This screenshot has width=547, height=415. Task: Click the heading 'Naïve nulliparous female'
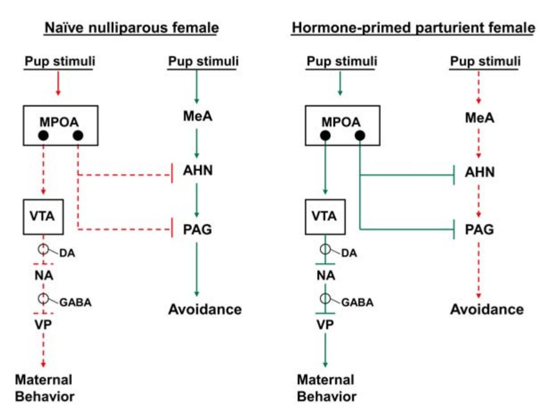pos(131,28)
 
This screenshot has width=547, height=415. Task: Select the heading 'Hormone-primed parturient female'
pos(413,28)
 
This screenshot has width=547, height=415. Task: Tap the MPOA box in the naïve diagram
pos(60,125)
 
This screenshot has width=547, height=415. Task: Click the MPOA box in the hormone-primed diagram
pos(342,125)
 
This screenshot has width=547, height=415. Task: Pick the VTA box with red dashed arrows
pos(43,217)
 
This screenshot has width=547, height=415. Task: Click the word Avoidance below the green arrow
pos(205,309)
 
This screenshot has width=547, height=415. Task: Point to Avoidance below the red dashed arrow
pos(487,309)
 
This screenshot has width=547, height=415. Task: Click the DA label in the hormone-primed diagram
pos(350,254)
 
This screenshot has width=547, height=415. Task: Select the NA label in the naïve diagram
pos(44,276)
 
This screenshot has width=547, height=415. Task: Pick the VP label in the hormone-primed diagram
pos(325,324)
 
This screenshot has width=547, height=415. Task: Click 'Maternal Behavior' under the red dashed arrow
pos(44,388)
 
